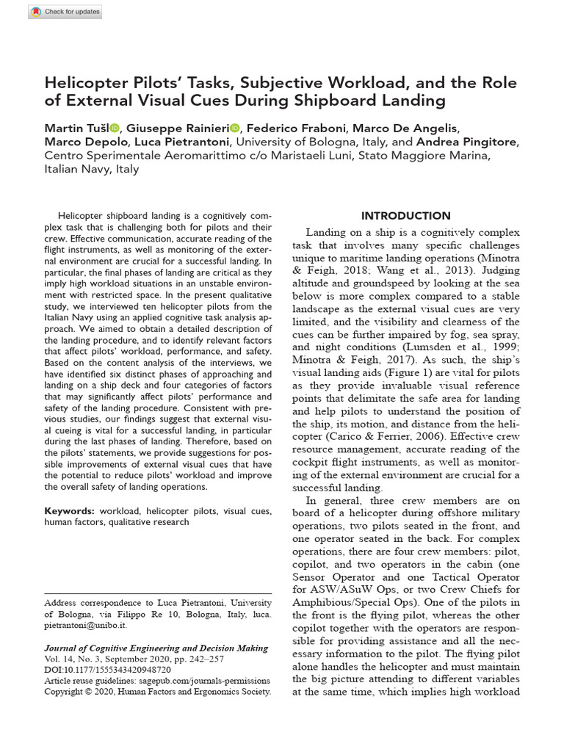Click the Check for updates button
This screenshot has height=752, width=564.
pyautogui.click(x=66, y=12)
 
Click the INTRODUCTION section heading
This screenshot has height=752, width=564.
pyautogui.click(x=405, y=216)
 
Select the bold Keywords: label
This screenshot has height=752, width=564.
pyautogui.click(x=70, y=510)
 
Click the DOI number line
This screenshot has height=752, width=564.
pyautogui.click(x=108, y=670)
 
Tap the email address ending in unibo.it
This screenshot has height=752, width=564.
pyautogui.click(x=86, y=626)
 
